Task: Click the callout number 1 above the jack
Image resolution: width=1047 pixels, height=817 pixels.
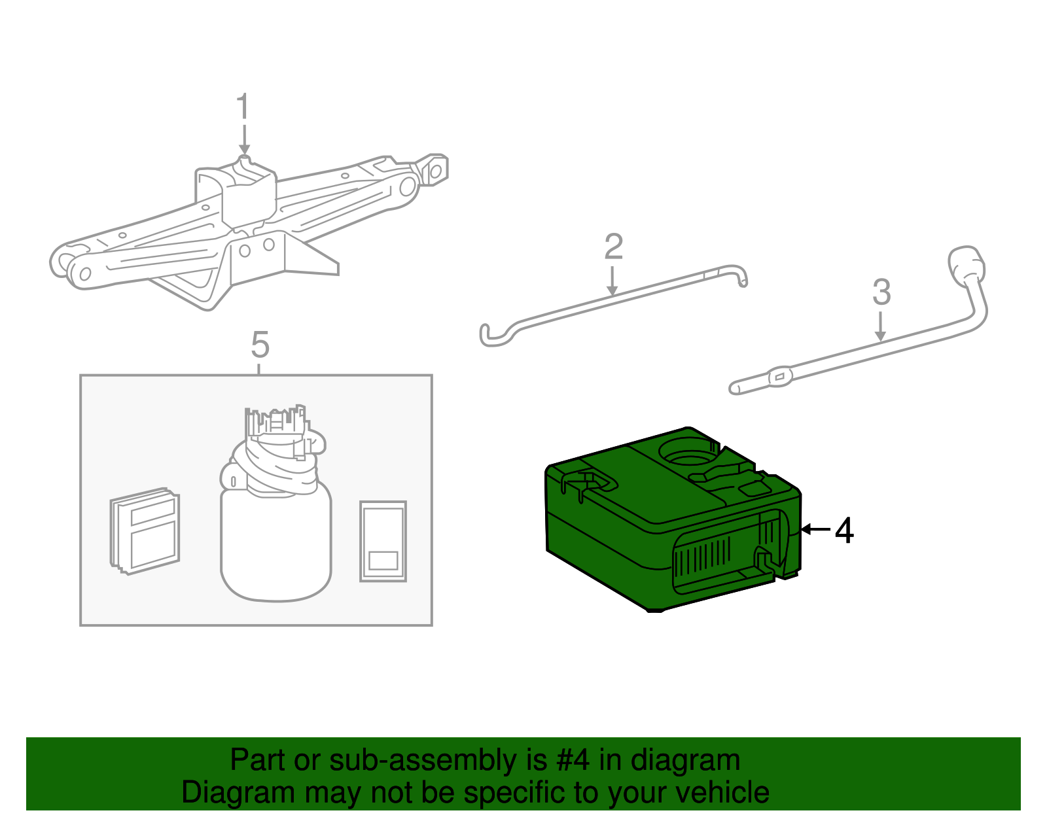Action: point(243,106)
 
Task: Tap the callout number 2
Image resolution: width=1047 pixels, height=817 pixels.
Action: point(613,247)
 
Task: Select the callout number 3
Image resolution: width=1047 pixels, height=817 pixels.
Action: point(881,292)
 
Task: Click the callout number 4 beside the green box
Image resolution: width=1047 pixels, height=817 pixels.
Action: point(844,530)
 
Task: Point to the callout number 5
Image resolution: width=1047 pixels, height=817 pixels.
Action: point(260,345)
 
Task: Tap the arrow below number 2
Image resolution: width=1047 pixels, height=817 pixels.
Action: point(612,281)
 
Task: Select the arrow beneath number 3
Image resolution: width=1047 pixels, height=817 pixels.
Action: point(880,326)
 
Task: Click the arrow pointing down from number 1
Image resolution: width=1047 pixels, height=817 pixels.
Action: point(244,139)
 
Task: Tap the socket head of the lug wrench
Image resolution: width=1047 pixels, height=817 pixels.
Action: point(966,266)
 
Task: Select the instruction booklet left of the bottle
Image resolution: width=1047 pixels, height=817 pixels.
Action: point(145,532)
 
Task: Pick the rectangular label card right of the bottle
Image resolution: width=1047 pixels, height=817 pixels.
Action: point(383,541)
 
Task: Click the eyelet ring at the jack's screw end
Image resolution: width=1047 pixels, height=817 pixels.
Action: point(435,171)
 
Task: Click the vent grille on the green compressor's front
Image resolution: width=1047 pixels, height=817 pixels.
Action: point(703,553)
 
